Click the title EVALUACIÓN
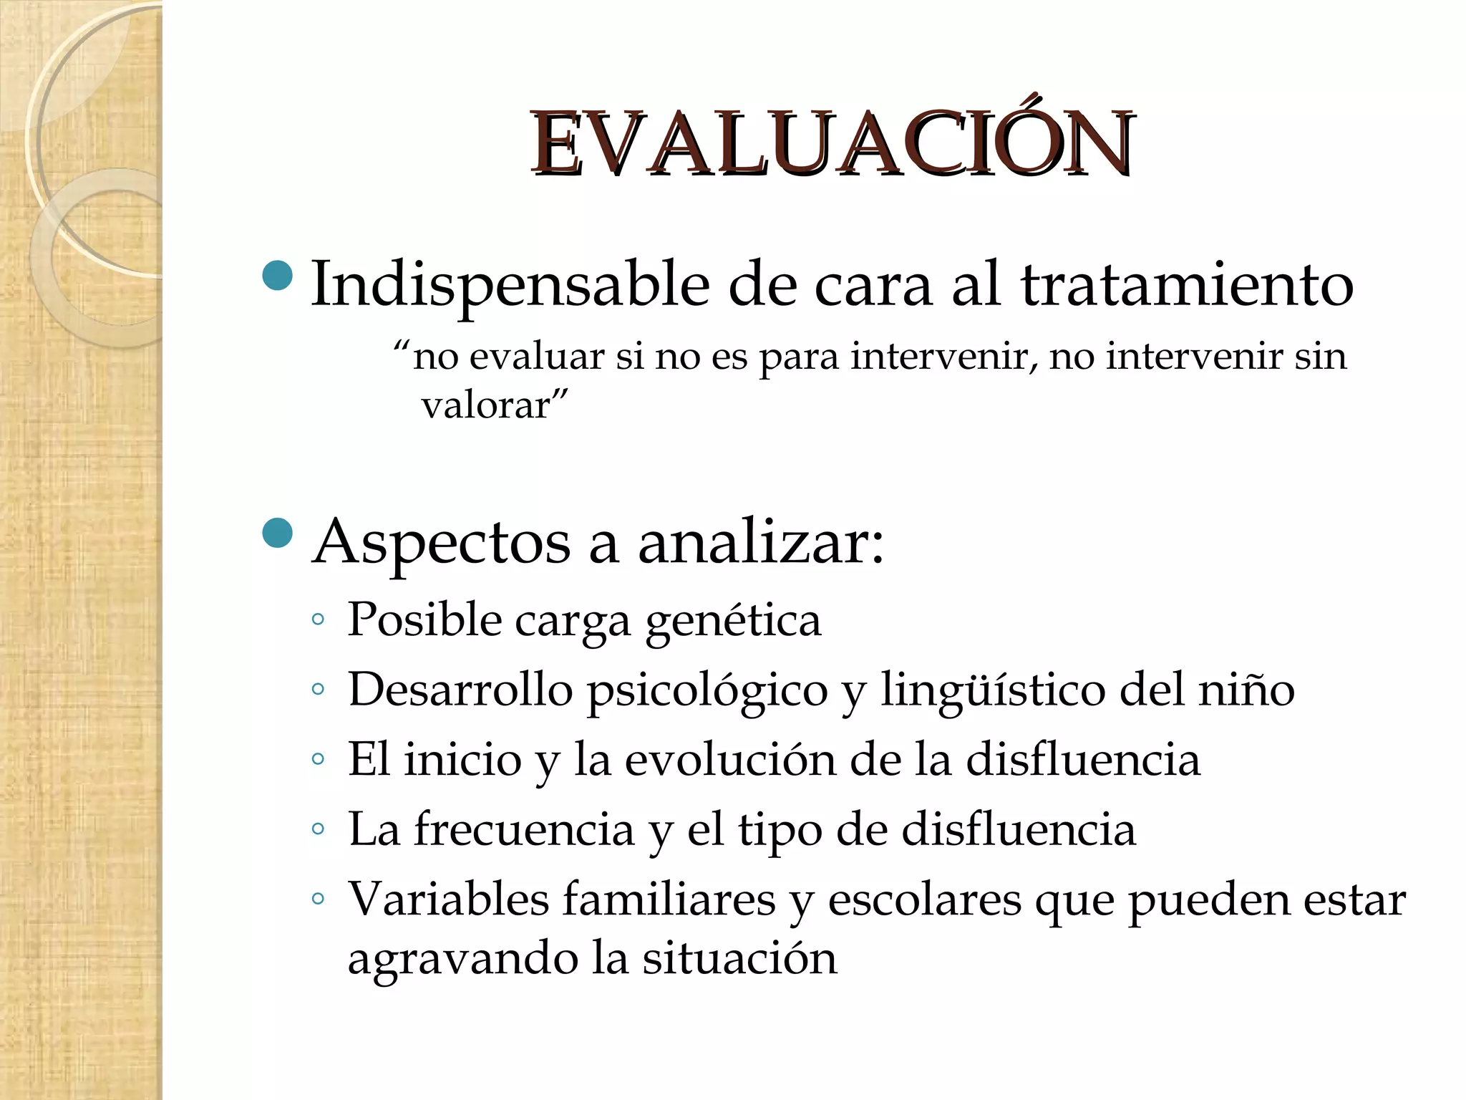pos(831,145)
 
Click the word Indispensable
pos(510,285)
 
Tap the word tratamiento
pos(1187,285)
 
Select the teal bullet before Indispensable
pos(278,276)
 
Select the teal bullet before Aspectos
pos(278,533)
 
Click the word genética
pos(733,620)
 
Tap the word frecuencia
pos(524,830)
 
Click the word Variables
pos(448,899)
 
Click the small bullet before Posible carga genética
pos(319,619)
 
